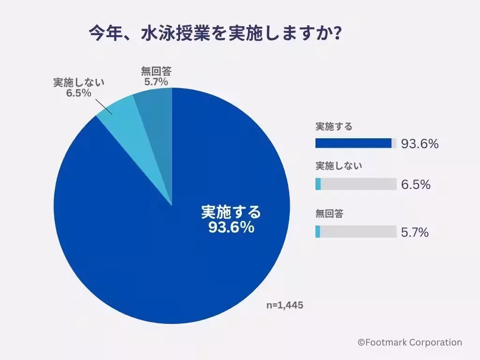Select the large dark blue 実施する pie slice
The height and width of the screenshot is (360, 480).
[x=155, y=262]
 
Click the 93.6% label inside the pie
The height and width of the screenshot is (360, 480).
[x=231, y=228]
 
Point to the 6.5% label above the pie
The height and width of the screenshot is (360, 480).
[x=78, y=92]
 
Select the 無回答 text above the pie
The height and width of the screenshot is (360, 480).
[x=156, y=72]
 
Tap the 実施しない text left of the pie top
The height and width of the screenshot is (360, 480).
[x=78, y=82]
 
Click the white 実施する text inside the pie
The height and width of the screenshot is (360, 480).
[x=231, y=212]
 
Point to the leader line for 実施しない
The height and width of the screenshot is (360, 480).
[x=104, y=106]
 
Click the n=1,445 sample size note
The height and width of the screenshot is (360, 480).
[x=285, y=305]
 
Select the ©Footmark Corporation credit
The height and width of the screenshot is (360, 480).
[x=410, y=343]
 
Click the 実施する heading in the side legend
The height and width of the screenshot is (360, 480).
[x=334, y=127]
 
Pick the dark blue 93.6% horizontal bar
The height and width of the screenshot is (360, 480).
[x=353, y=143]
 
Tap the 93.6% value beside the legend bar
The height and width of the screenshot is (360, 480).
[x=420, y=144]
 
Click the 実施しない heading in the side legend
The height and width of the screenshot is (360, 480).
[x=338, y=166]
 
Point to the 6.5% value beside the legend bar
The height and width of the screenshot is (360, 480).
[x=415, y=185]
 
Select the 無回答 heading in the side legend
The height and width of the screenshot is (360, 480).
[x=329, y=214]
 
